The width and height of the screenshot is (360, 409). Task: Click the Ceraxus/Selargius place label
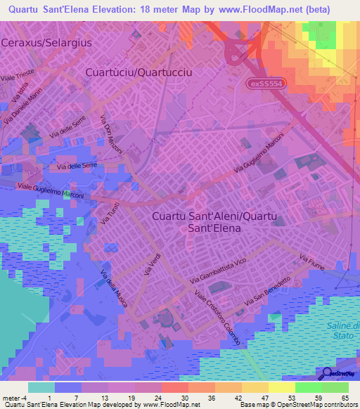pyautogui.click(x=47, y=42)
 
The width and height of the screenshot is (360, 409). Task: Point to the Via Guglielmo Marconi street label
pyautogui.click(x=257, y=155)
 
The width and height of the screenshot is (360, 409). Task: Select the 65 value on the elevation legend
pyautogui.click(x=344, y=397)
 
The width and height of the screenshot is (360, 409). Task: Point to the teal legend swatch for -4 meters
pyautogui.click(x=41, y=387)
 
